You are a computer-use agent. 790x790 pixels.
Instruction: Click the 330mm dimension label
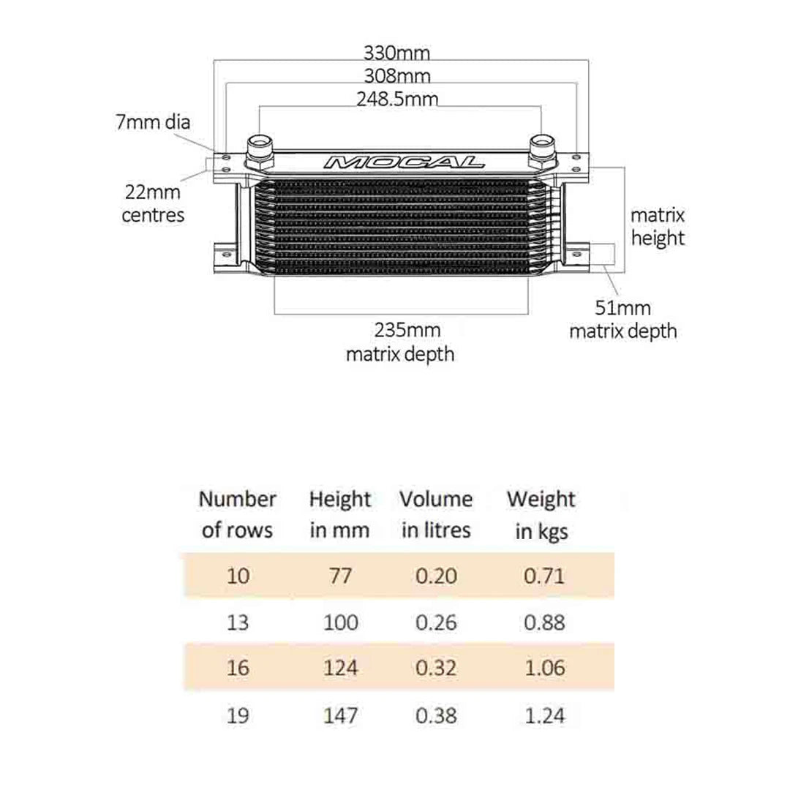point(396,53)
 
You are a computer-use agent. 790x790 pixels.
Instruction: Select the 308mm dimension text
point(396,75)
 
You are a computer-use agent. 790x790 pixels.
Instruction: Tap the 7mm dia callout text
point(152,121)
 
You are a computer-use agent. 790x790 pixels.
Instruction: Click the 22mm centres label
point(153,205)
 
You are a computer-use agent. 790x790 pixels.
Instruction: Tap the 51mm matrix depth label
point(622,320)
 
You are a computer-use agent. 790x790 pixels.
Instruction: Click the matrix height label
point(657,227)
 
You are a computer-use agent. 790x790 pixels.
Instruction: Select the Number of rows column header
point(237,514)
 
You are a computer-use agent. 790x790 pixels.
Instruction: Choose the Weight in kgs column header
point(541,514)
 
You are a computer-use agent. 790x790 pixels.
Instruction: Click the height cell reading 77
point(340,576)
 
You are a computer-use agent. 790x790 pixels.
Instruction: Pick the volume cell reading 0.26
point(436,622)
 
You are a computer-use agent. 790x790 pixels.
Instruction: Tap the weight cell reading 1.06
point(544,668)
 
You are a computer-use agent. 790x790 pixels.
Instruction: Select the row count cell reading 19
point(238,715)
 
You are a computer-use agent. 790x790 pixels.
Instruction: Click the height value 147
point(340,715)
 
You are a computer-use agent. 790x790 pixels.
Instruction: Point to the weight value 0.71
point(544,576)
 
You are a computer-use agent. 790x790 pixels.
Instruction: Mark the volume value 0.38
point(436,715)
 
